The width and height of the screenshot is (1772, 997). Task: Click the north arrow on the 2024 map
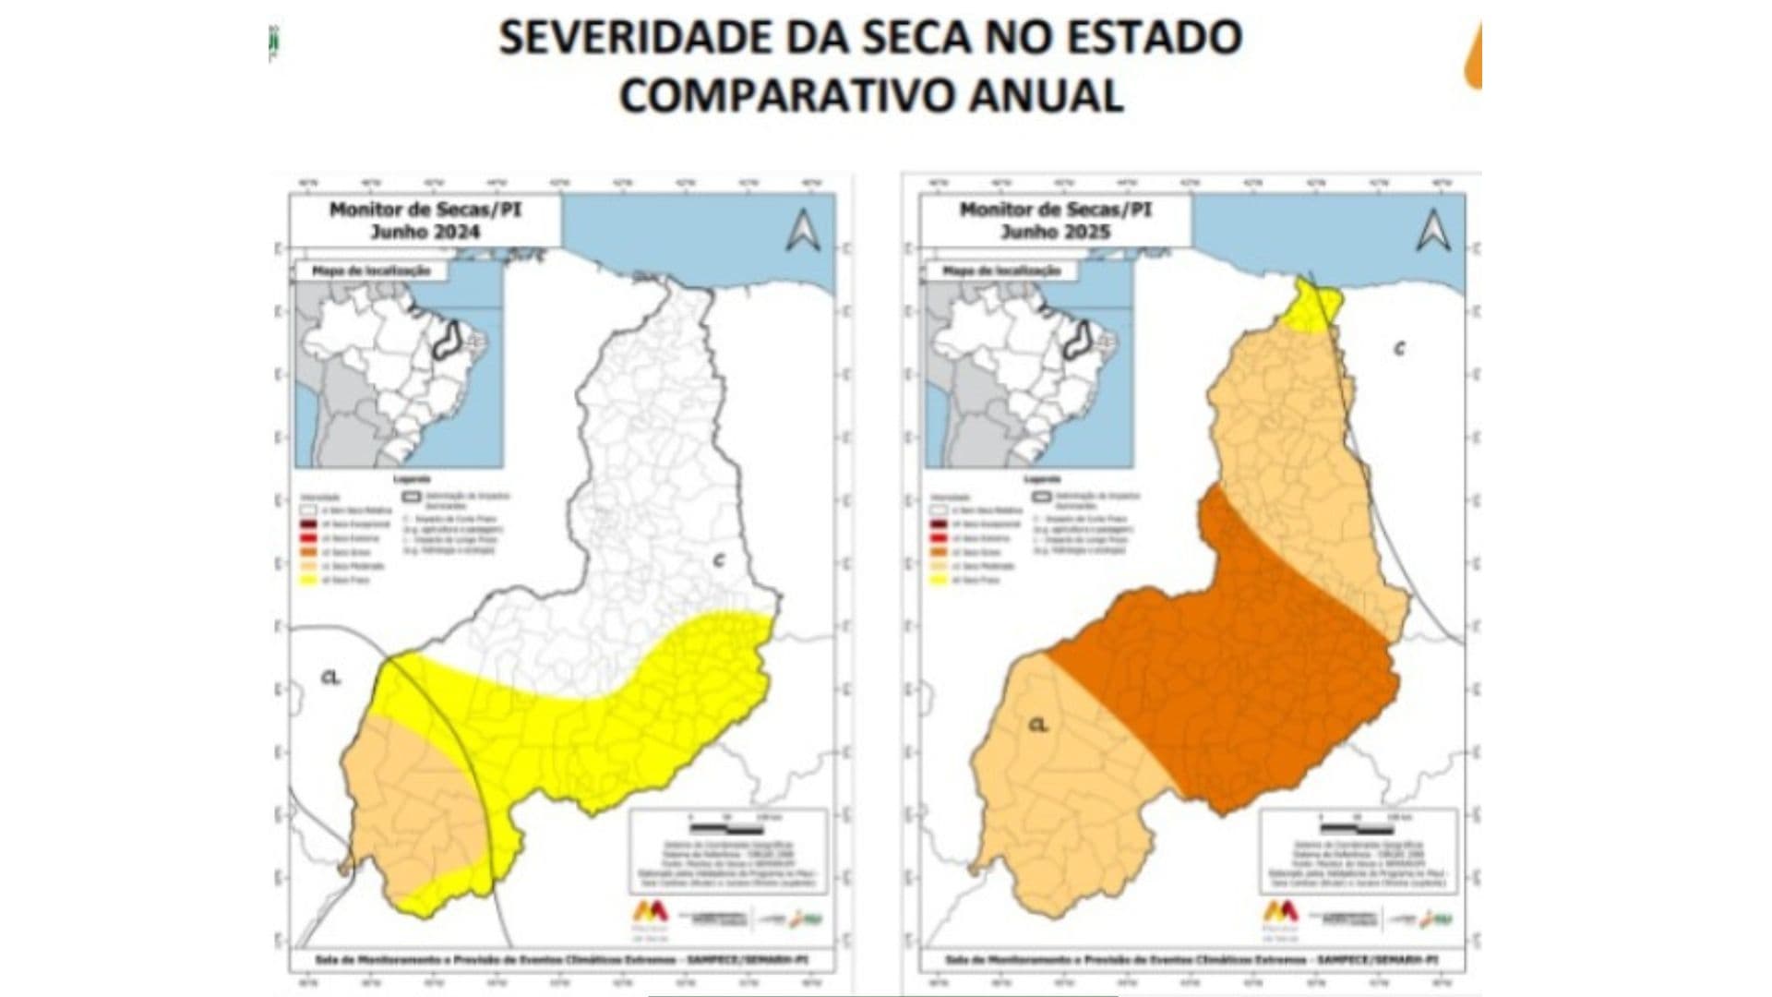pyautogui.click(x=802, y=231)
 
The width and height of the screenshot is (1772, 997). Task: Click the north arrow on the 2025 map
pyautogui.click(x=1432, y=231)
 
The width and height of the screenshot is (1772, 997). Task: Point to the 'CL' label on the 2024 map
pyautogui.click(x=330, y=679)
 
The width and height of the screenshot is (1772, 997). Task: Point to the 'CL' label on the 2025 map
pyautogui.click(x=1038, y=726)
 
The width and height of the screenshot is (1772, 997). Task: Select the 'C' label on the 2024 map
pyautogui.click(x=719, y=560)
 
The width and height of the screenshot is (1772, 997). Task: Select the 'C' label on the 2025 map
pyautogui.click(x=1399, y=349)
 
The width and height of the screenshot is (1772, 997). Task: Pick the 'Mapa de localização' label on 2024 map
pyautogui.click(x=371, y=271)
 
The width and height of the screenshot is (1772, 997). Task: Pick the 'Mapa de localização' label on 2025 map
pyautogui.click(x=1001, y=271)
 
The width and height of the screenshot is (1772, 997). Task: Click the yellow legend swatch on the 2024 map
pyautogui.click(x=308, y=581)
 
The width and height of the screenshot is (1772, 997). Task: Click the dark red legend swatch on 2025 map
pyautogui.click(x=939, y=524)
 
